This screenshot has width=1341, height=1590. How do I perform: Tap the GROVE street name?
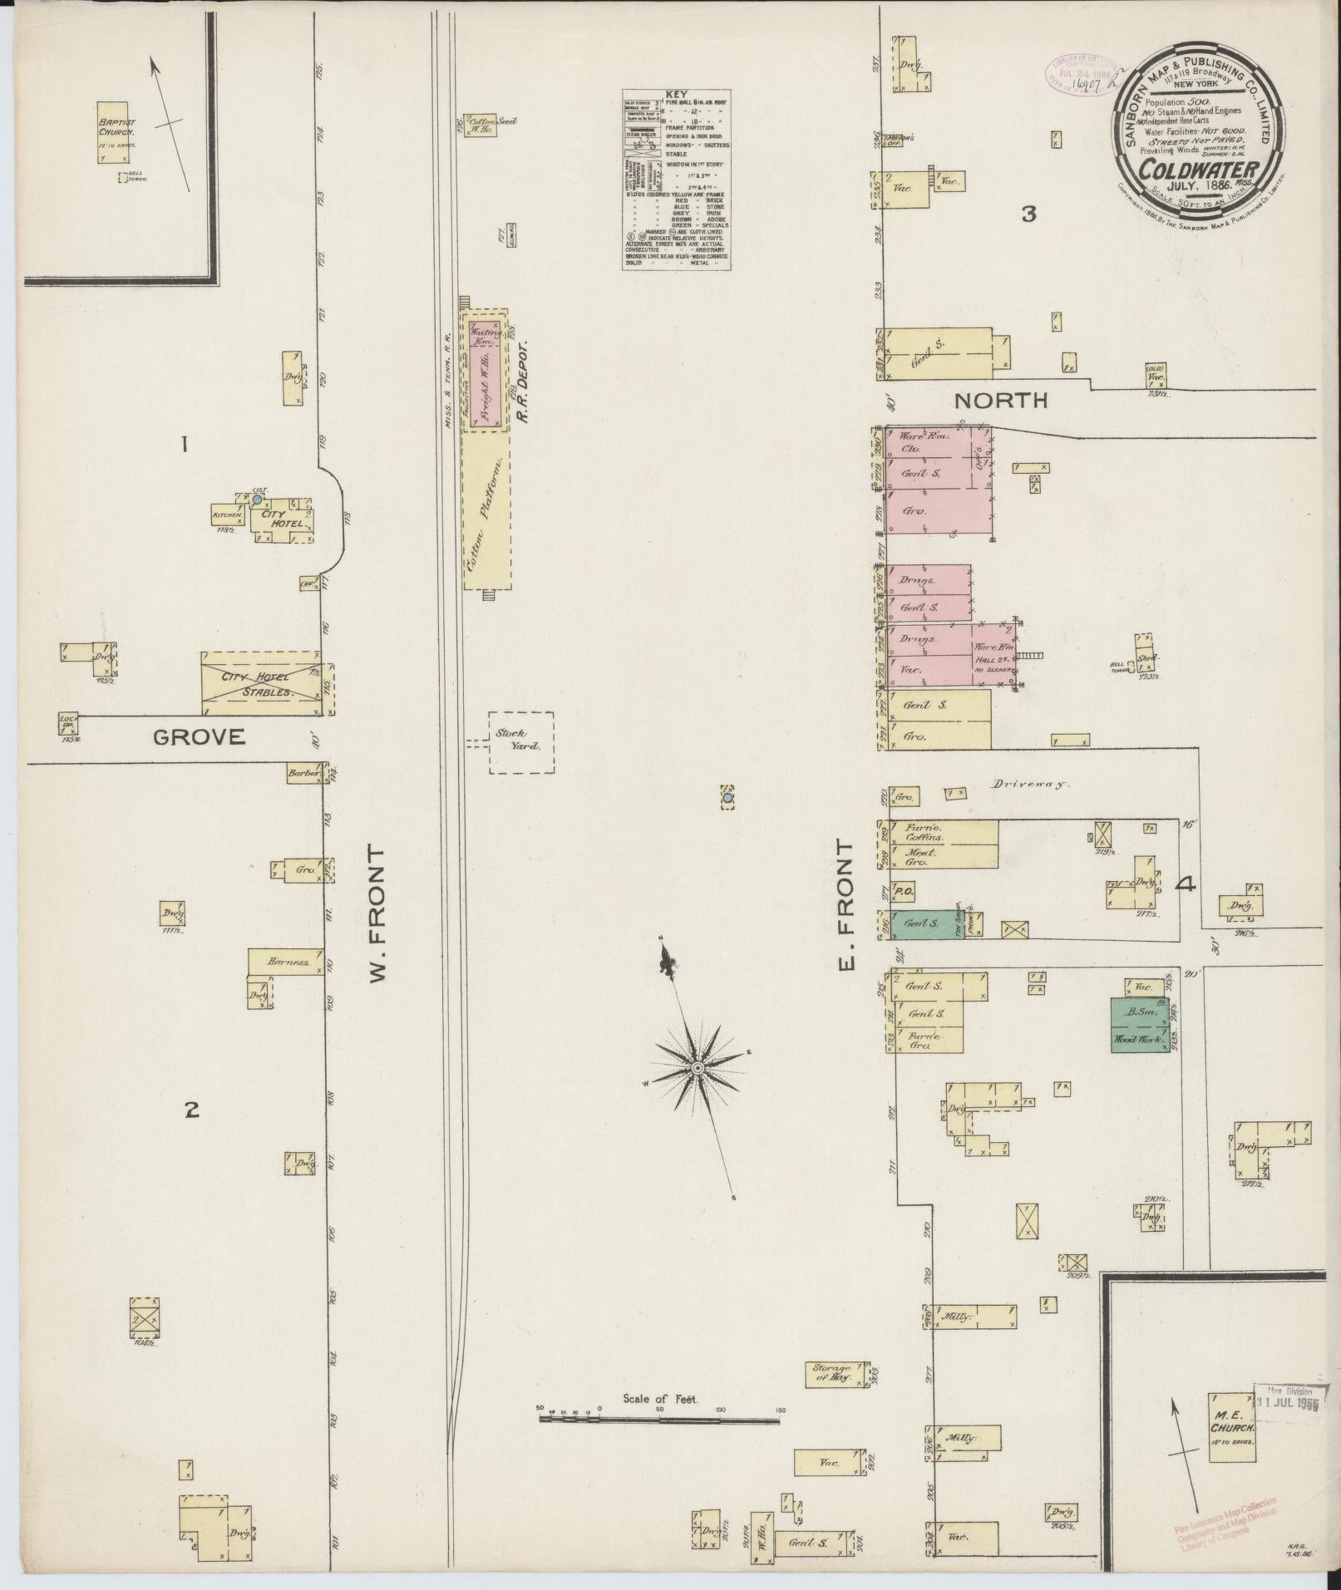pyautogui.click(x=199, y=736)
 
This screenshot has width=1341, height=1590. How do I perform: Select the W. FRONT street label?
pyautogui.click(x=377, y=914)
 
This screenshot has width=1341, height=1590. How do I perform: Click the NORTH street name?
pyautogui.click(x=1001, y=401)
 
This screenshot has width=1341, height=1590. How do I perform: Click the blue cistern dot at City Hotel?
pyautogui.click(x=258, y=500)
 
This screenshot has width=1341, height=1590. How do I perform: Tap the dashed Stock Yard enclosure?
pyautogui.click(x=520, y=742)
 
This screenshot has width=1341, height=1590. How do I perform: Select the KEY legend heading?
pyautogui.click(x=676, y=94)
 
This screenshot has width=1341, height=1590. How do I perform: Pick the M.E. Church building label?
pyautogui.click(x=1231, y=1426)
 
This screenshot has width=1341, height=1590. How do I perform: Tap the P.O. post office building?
pyautogui.click(x=904, y=892)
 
